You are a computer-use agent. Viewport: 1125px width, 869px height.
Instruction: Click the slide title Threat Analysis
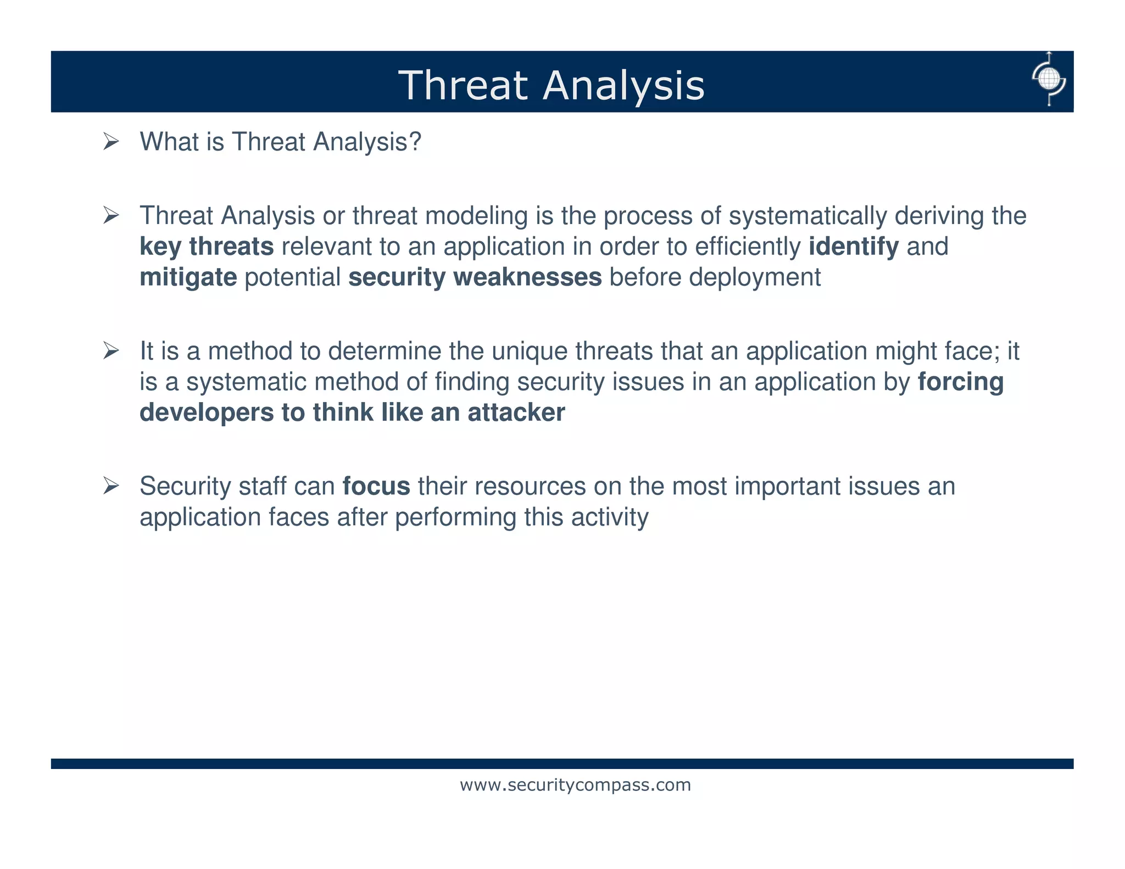[551, 86]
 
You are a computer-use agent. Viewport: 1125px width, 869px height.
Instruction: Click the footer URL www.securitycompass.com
[575, 785]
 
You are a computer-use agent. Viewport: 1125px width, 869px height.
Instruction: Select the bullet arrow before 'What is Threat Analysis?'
[111, 142]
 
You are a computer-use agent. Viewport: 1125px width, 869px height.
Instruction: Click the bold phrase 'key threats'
[207, 247]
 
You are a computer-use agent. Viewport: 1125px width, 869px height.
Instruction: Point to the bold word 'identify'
[854, 247]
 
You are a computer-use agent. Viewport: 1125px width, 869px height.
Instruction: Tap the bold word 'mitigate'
[188, 277]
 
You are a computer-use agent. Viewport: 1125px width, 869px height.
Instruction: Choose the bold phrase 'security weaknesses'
[475, 277]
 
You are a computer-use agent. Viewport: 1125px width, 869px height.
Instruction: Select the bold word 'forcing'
[961, 382]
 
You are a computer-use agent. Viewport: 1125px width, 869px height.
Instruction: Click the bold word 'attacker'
[516, 413]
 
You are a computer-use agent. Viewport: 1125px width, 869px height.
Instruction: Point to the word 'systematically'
[807, 216]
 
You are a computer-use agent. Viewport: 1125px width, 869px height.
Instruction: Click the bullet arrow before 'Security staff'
[111, 486]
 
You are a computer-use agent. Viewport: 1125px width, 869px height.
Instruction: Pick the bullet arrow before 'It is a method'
[111, 351]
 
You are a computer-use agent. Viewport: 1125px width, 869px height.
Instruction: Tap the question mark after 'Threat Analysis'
[415, 142]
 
